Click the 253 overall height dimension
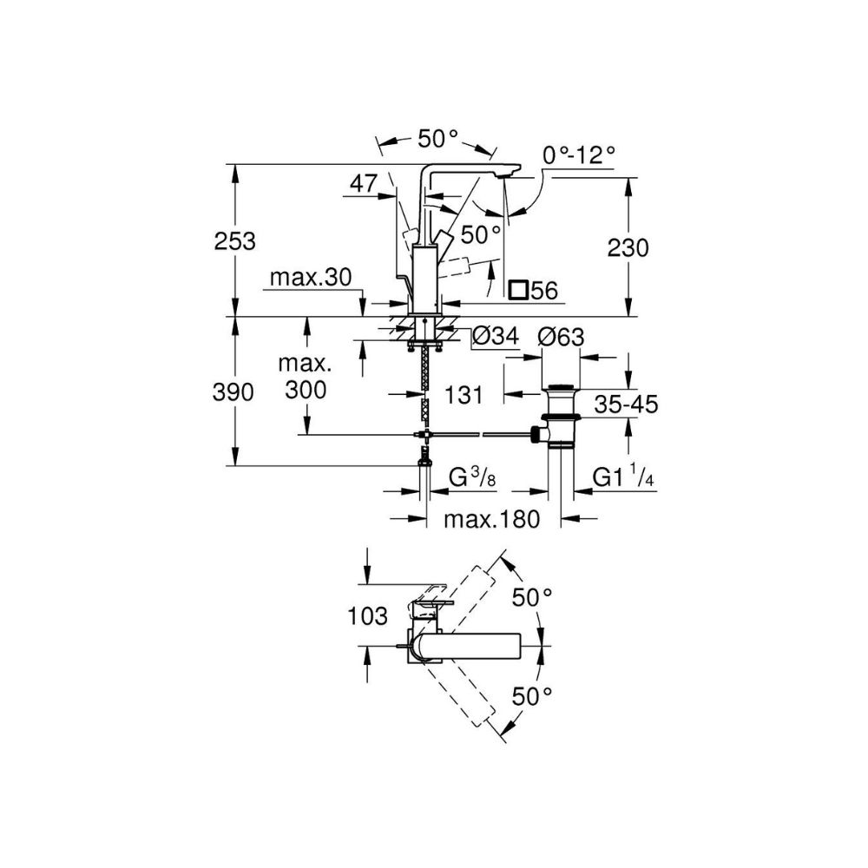(x=235, y=242)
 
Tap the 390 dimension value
(x=235, y=392)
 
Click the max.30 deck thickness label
(x=310, y=278)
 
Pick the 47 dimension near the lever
(x=365, y=183)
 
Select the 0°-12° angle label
(x=579, y=155)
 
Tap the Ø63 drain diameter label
(x=561, y=336)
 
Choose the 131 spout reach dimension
(x=465, y=396)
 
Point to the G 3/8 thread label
(x=472, y=477)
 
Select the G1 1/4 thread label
(x=622, y=477)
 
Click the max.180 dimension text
(x=492, y=520)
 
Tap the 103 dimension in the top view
(x=367, y=617)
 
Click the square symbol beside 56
(x=518, y=291)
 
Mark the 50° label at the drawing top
(x=438, y=138)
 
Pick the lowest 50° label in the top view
(x=532, y=695)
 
